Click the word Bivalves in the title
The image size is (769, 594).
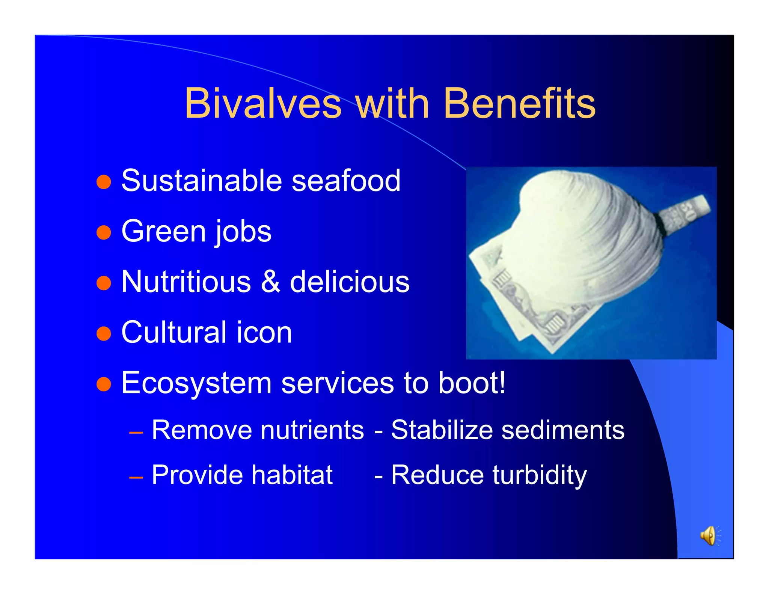coord(263,103)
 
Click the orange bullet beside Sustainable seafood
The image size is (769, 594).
coord(104,182)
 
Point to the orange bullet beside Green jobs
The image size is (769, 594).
coord(104,232)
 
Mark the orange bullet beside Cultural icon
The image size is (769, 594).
coord(104,333)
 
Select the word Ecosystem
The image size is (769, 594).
coord(196,383)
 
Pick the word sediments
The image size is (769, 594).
coord(563,430)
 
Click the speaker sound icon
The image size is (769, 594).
coord(709,535)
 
